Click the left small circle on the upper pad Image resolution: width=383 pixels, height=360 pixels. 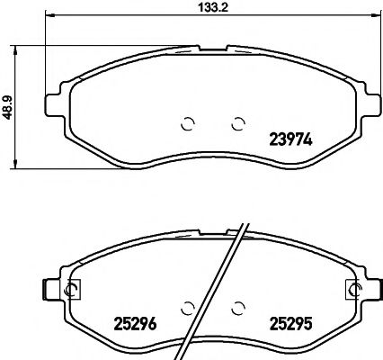coord(188,123)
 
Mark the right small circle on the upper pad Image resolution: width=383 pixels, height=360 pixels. coord(238,123)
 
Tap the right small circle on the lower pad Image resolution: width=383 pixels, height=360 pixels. coord(238,306)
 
